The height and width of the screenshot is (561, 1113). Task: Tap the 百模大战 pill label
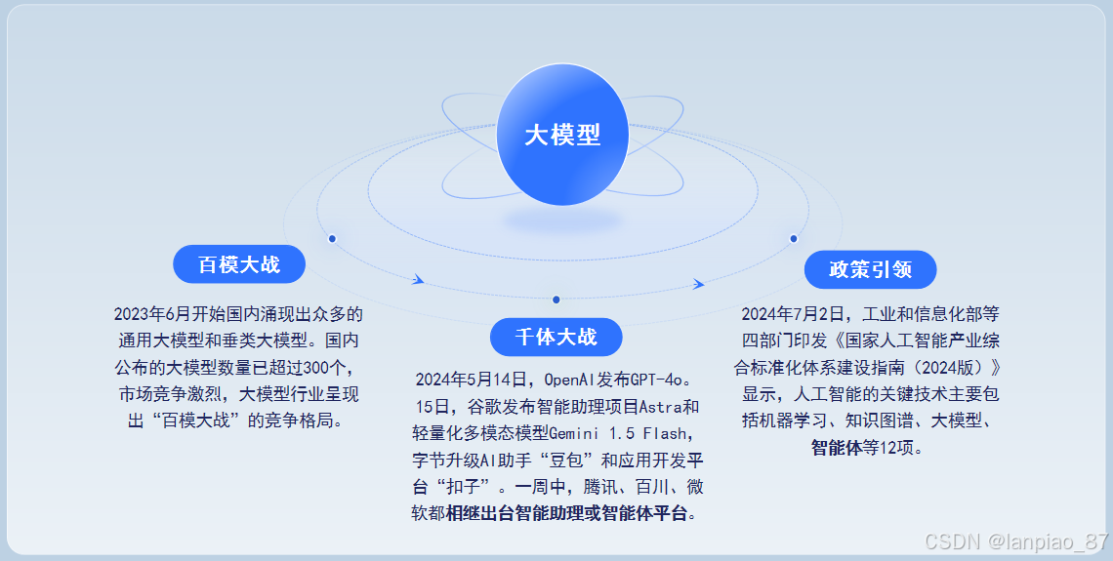(239, 264)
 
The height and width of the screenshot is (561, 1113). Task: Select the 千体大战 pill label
(556, 337)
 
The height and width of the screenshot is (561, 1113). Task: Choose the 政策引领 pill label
(870, 269)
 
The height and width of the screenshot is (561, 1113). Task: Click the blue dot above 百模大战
(332, 238)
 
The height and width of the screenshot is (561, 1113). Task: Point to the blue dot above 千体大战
(556, 300)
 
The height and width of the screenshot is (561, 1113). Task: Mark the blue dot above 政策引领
(793, 238)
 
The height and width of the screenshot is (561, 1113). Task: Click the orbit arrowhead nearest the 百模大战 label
(418, 280)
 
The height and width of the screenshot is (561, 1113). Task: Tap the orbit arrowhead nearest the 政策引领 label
(698, 284)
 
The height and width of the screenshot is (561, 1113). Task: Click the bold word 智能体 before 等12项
(835, 448)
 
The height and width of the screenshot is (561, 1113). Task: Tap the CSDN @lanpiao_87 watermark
(1015, 541)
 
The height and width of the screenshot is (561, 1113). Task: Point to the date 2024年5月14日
(474, 380)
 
